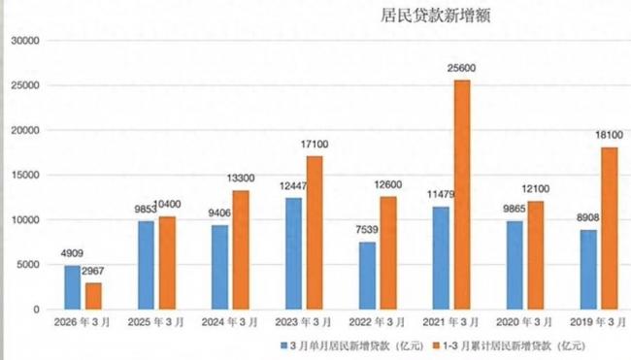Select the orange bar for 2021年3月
pos(461,194)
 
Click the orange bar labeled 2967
pos(92,296)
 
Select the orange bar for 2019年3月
pos(609,228)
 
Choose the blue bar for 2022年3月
pos(367,276)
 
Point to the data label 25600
pos(462,69)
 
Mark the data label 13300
pos(241,179)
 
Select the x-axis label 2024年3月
pos(229,321)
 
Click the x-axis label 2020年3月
pos(525,321)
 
